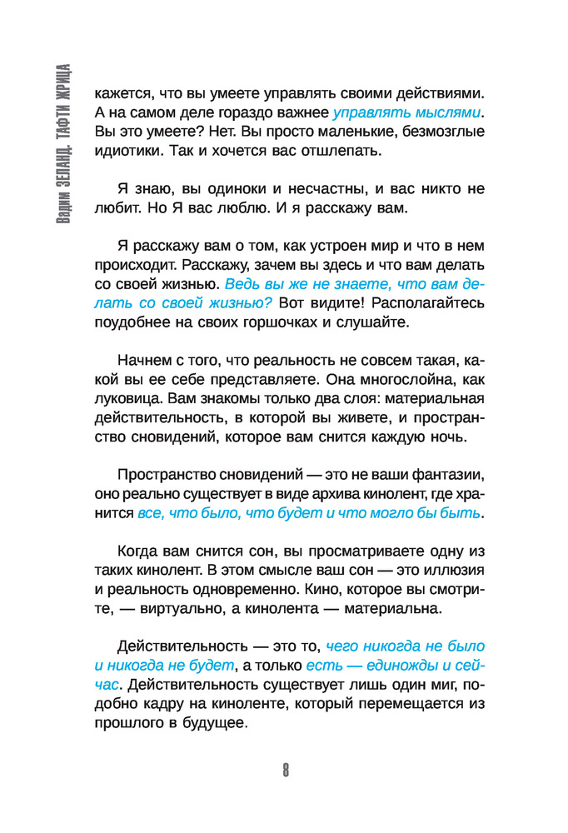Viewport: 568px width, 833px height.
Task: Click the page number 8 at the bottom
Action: [x=285, y=769]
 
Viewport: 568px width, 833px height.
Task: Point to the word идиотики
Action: [x=124, y=152]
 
